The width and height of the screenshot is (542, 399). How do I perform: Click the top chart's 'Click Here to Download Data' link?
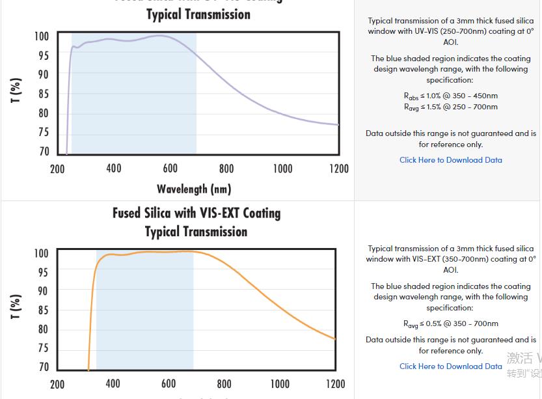click(450, 160)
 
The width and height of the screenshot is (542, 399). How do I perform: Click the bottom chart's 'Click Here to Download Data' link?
click(450, 366)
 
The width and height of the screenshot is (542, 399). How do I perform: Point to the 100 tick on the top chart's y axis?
click(41, 36)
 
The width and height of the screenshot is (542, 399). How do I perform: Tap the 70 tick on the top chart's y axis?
click(44, 152)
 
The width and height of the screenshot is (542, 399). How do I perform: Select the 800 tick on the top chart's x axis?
click(226, 169)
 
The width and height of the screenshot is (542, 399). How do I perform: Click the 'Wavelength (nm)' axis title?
click(194, 189)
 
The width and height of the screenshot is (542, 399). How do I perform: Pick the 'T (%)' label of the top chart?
click(16, 90)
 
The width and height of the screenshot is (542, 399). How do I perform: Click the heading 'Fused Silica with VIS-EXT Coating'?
click(196, 213)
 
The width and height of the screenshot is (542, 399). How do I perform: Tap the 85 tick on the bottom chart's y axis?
click(43, 310)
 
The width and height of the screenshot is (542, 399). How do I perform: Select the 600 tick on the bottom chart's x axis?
click(169, 384)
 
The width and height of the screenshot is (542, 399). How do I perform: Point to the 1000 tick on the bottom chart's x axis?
click(280, 384)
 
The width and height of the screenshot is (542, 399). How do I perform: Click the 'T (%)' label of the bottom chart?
click(16, 306)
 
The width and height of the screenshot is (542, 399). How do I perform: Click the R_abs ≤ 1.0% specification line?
click(450, 96)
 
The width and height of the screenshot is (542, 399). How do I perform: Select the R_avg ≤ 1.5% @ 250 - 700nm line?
click(450, 107)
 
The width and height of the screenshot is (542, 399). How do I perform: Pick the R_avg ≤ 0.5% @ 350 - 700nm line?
click(450, 323)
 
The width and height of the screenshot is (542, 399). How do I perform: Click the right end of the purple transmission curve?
click(338, 124)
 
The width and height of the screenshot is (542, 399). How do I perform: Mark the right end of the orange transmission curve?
click(335, 338)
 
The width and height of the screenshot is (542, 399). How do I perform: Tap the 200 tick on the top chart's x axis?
click(57, 169)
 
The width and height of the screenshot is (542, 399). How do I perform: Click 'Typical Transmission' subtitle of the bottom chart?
click(196, 232)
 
